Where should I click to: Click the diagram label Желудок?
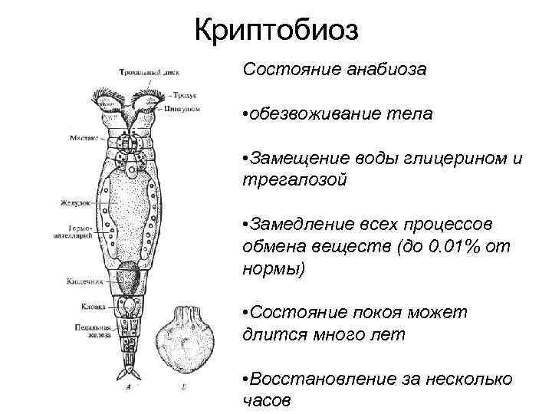point(79,203)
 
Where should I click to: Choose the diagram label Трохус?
point(185,95)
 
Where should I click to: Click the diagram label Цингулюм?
point(182,110)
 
